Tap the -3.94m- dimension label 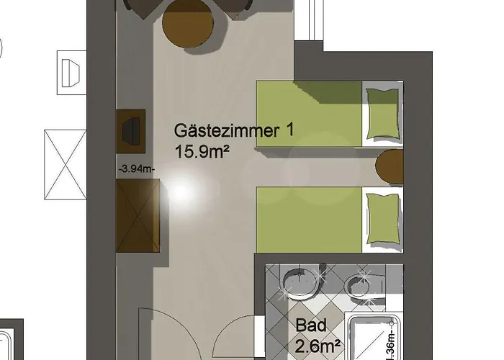pos(136,168)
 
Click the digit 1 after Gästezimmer pos(289,132)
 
